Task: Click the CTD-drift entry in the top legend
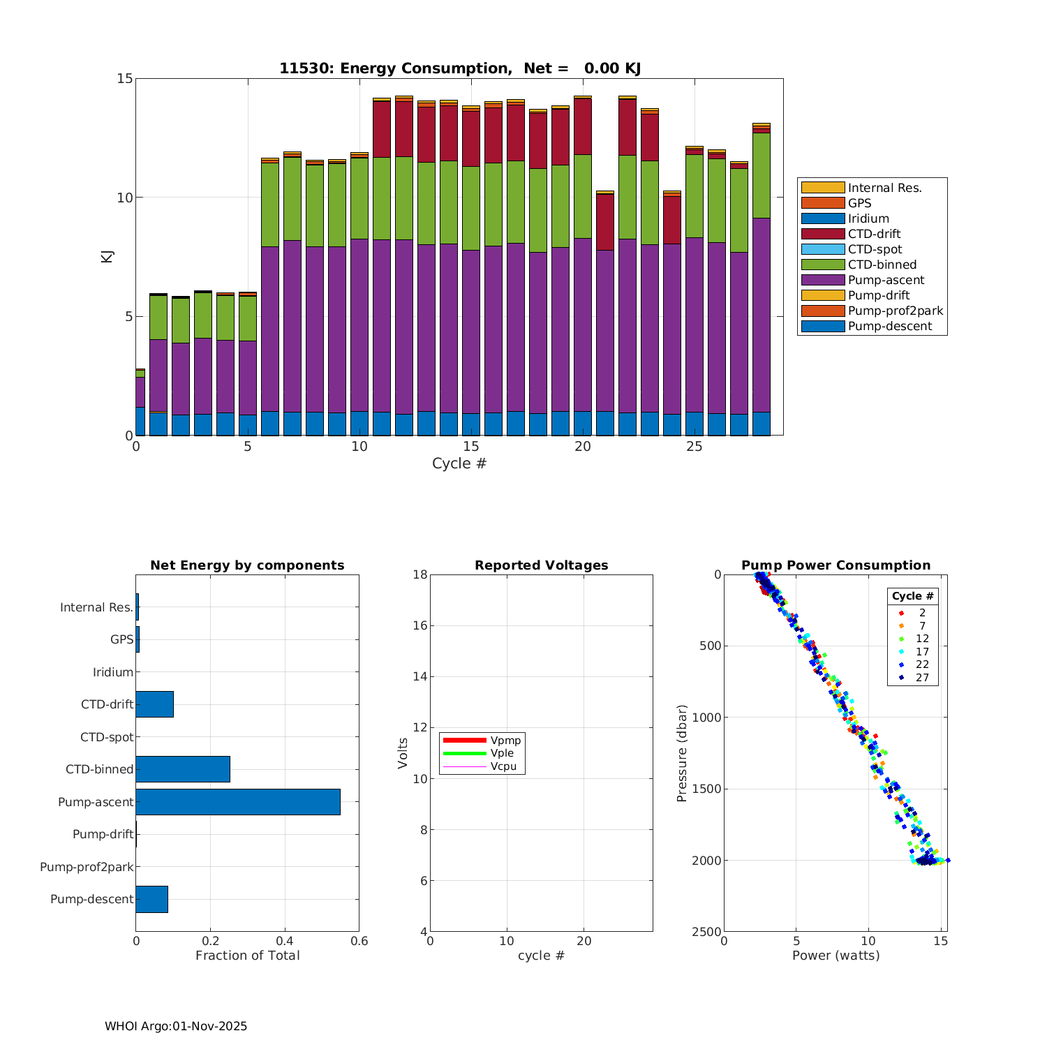[x=874, y=234]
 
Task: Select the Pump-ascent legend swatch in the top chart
[x=822, y=280]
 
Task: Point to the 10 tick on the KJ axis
[x=124, y=198]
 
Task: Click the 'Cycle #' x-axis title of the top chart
[x=459, y=463]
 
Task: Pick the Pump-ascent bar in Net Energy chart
[x=238, y=802]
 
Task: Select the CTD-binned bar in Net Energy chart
[x=183, y=769]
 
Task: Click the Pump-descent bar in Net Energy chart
[x=151, y=899]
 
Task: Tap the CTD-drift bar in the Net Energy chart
[x=154, y=704]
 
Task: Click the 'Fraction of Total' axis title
[x=247, y=956]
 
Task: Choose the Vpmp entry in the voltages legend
[x=505, y=740]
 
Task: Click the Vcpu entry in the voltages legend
[x=503, y=766]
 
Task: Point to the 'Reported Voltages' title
[x=541, y=565]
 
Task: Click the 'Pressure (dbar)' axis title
[x=682, y=752]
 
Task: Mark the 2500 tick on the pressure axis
[x=706, y=932]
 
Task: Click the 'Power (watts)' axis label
[x=836, y=956]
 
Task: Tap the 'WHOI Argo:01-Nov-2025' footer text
[x=176, y=1026]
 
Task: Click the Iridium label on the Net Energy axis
[x=112, y=672]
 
